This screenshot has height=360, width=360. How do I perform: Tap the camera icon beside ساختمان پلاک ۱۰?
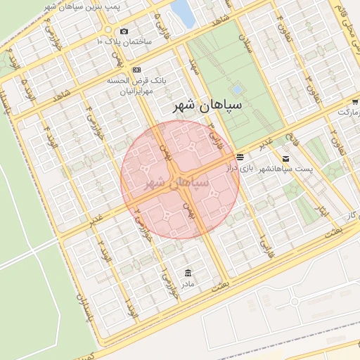click(x=124, y=31)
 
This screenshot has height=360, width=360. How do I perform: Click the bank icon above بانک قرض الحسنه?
click(x=136, y=70)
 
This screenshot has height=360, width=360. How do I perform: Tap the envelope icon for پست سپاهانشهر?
click(x=285, y=158)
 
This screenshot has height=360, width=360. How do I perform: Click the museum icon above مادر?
click(x=186, y=273)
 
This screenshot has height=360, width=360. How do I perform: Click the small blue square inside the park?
click(x=237, y=90)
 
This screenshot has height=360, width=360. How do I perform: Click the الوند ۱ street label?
click(x=130, y=307)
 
